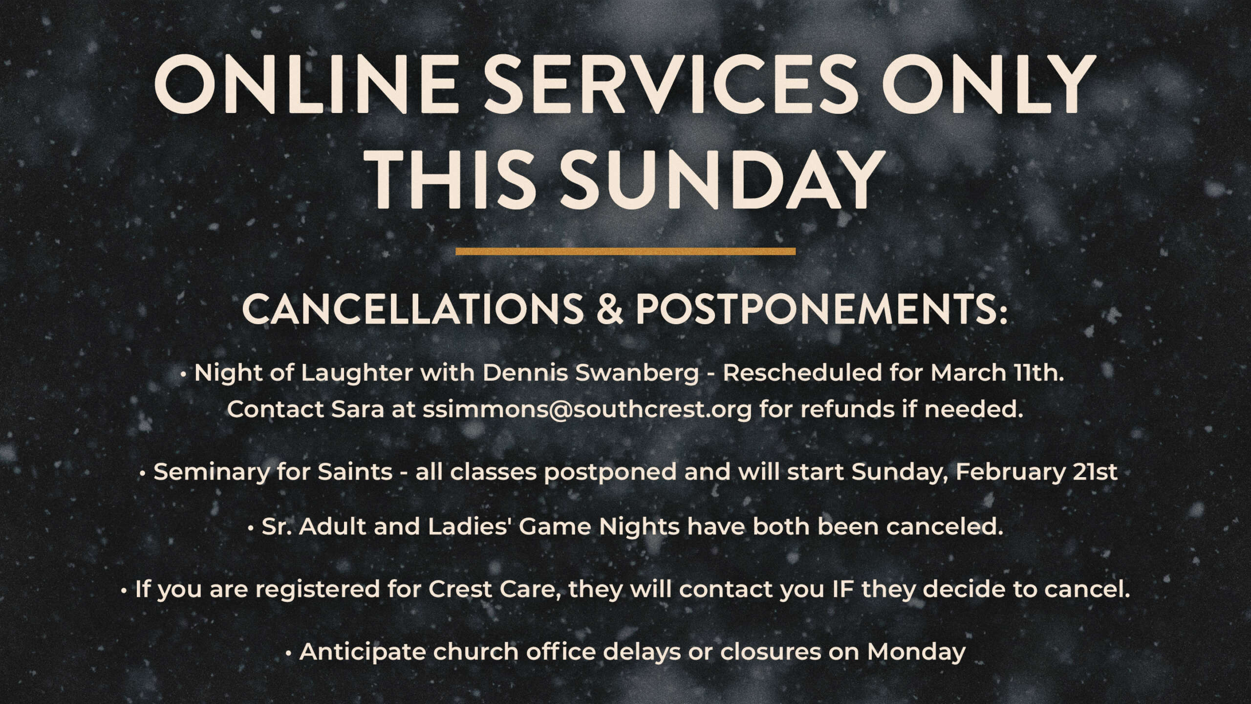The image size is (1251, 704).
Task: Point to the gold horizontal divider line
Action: [625, 251]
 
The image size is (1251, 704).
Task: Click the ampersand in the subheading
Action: [609, 309]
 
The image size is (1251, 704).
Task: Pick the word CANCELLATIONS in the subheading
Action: [412, 309]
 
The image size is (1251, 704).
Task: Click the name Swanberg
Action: [637, 374]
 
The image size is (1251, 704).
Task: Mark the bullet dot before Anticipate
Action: [289, 653]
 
